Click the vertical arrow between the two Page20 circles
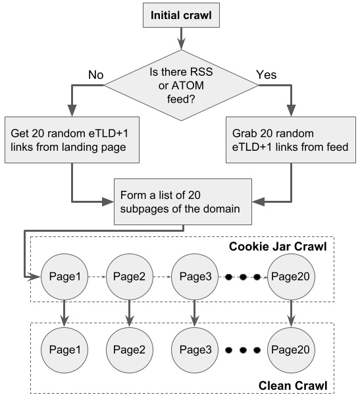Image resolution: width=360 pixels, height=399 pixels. pos(292,312)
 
